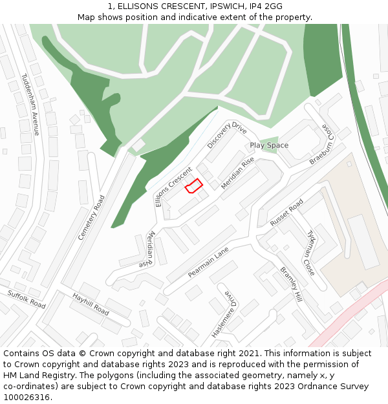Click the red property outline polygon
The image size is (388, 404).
[194, 186]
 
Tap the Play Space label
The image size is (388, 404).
[269, 145]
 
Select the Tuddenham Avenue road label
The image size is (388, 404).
[30, 104]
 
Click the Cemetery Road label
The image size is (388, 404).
[91, 217]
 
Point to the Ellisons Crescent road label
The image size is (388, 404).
[173, 187]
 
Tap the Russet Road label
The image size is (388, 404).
[286, 213]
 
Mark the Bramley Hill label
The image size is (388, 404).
[291, 285]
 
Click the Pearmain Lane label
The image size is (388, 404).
[208, 261]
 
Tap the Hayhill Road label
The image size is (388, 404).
[91, 304]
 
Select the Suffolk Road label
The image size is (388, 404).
[27, 299]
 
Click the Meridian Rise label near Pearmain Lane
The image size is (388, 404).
[147, 250]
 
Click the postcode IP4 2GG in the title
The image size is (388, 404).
[264, 6]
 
